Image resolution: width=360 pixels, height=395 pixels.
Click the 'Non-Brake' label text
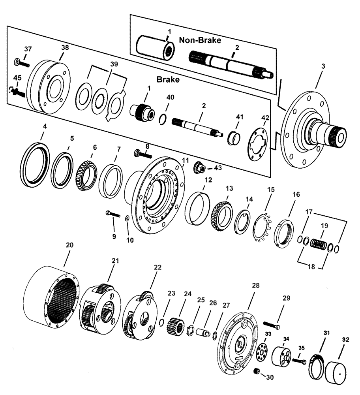coord(199,40)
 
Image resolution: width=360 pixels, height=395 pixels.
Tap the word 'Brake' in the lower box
coord(169,79)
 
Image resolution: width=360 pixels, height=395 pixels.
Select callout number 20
coord(69,245)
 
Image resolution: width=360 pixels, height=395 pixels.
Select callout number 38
coord(65,47)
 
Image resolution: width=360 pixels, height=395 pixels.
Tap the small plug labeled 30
coord(257,371)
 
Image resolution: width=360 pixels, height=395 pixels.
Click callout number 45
coord(17,78)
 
